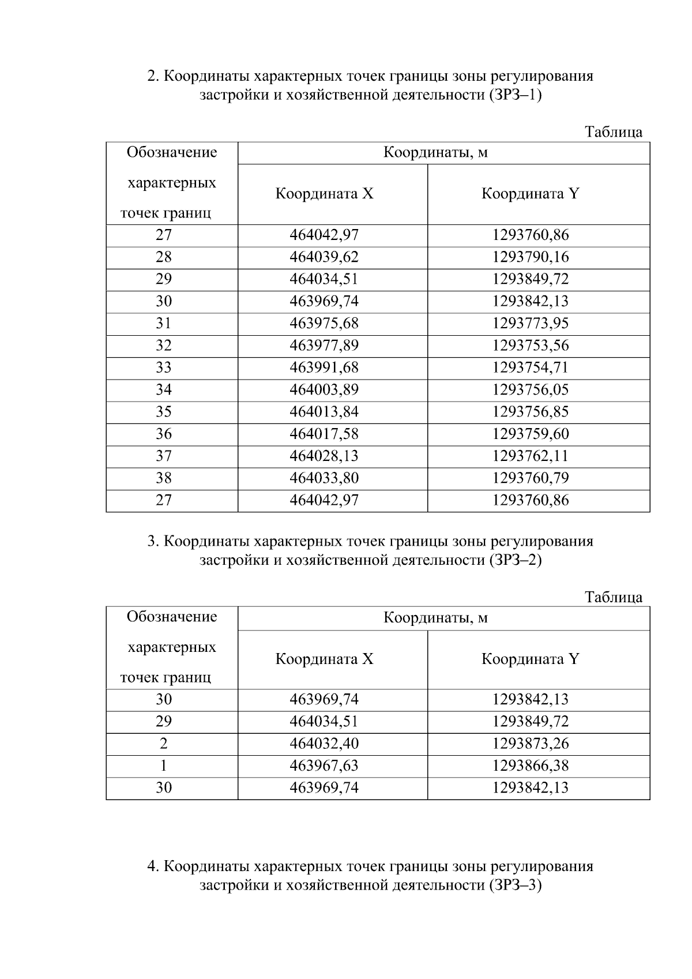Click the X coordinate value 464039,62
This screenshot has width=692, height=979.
click(x=324, y=257)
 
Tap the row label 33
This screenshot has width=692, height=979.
click(x=164, y=367)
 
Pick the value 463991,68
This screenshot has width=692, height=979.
click(x=324, y=367)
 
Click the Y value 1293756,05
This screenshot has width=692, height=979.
click(x=530, y=390)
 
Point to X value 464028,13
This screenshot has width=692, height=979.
click(x=324, y=456)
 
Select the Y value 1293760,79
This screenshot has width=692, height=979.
click(x=530, y=478)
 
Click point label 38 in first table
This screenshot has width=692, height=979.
click(x=164, y=478)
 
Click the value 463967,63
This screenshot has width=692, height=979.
click(x=324, y=766)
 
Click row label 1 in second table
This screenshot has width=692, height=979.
click(x=164, y=766)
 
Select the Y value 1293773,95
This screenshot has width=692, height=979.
click(x=530, y=324)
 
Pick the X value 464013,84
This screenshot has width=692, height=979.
click(x=324, y=412)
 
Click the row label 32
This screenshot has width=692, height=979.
click(x=164, y=346)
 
